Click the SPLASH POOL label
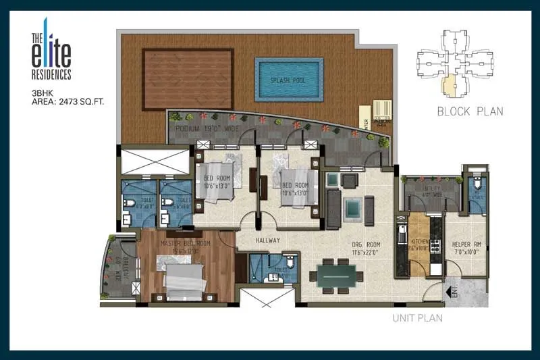tap(284, 80)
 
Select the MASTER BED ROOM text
tap(185, 243)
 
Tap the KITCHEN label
tap(418, 241)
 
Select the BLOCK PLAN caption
tap(470, 111)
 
